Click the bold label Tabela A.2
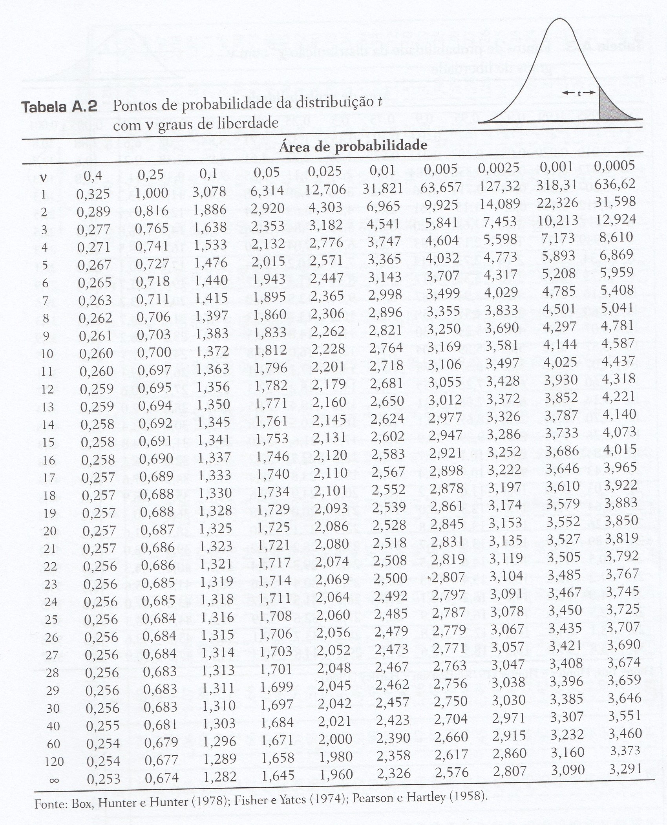[x=59, y=107]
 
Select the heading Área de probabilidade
[x=353, y=146]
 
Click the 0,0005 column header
[x=614, y=165]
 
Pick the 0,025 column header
[x=324, y=171]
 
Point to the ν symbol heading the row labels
[x=43, y=177]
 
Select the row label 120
[x=54, y=762]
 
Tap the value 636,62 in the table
[x=615, y=183]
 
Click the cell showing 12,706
[x=326, y=189]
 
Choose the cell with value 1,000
[x=152, y=193]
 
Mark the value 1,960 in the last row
[x=336, y=774]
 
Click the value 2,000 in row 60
[x=335, y=739]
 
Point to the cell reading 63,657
[x=442, y=187]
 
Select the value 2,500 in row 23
[x=389, y=578]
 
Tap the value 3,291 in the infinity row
[x=625, y=768]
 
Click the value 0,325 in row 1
[x=93, y=194]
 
